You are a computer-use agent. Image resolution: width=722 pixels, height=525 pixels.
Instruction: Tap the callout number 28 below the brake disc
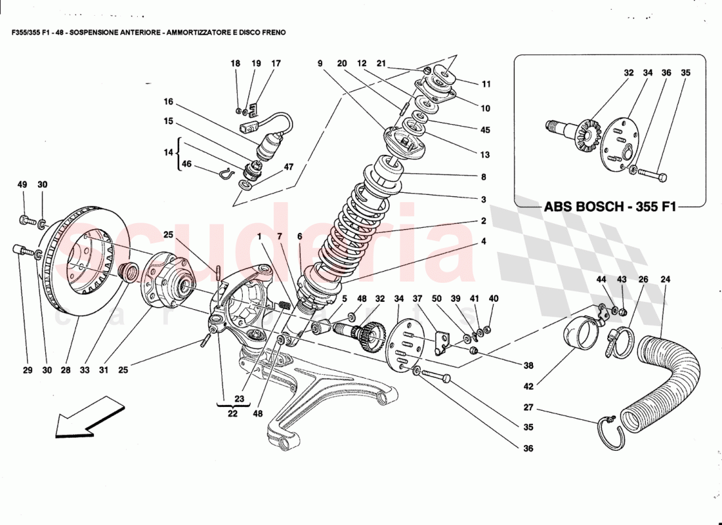point(66,370)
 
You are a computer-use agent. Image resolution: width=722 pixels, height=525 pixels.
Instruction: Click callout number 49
point(22,184)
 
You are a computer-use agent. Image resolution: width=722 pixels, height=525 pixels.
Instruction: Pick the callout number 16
point(169,102)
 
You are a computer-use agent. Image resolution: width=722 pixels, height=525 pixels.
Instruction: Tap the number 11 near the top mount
point(486,84)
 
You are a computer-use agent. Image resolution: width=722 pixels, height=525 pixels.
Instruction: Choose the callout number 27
point(528,407)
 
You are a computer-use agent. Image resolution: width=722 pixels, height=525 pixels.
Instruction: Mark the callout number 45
point(485,130)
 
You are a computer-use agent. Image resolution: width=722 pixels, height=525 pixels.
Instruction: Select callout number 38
point(529,366)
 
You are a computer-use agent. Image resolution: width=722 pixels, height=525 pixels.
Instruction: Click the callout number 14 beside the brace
point(169,152)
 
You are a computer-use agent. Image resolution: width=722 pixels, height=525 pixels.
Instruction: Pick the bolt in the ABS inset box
point(652,176)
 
